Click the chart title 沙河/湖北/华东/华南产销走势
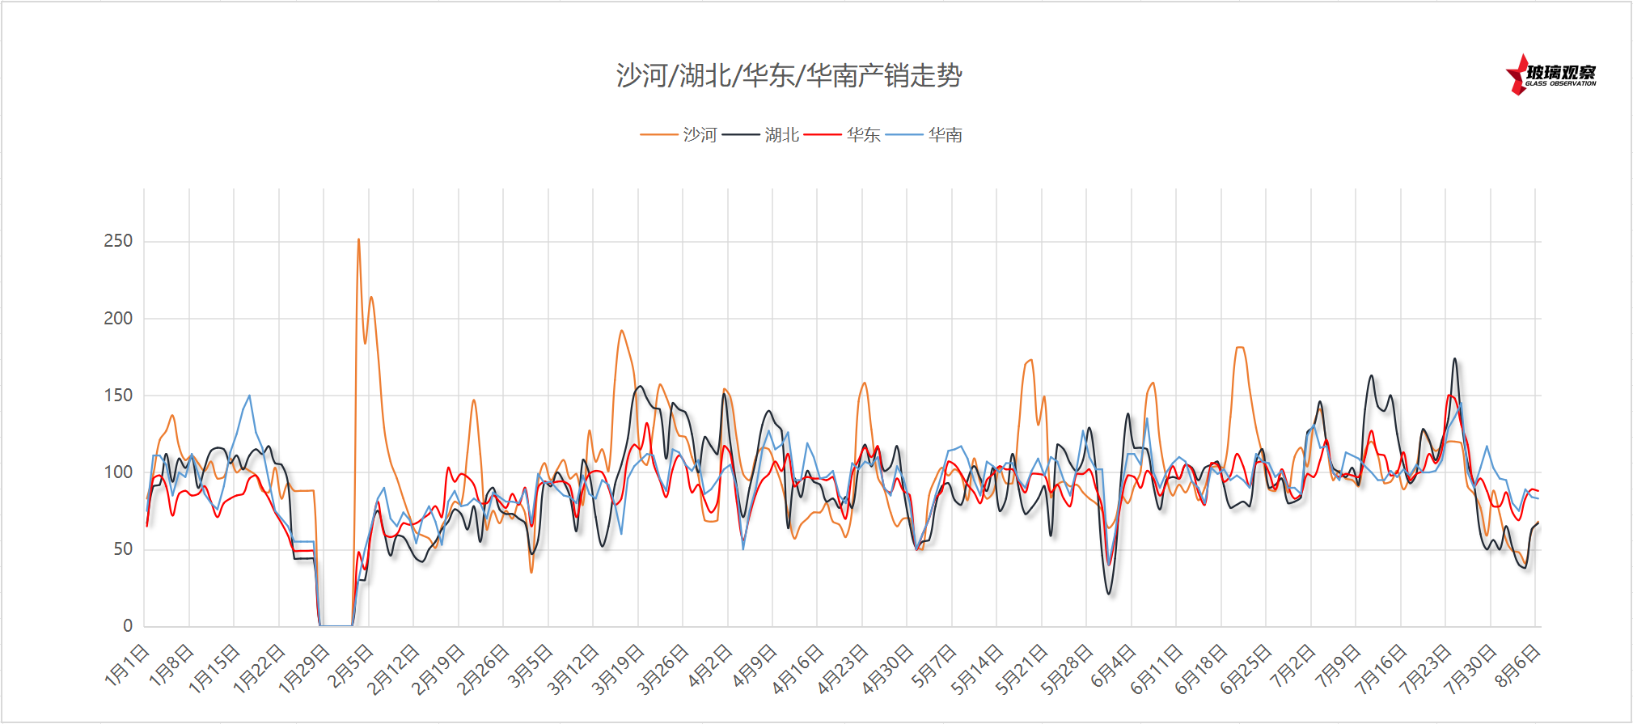(789, 76)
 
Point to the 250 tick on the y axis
(118, 241)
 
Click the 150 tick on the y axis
(118, 396)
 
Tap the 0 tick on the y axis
(128, 626)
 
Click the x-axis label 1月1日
(128, 666)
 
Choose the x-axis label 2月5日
(351, 666)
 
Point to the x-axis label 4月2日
(710, 666)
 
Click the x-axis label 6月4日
(1114, 666)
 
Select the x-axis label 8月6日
(1517, 666)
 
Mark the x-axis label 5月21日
(1021, 670)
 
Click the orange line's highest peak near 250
(358, 239)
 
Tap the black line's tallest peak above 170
(1454, 358)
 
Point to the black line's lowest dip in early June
(1109, 594)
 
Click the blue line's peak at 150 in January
(249, 396)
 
